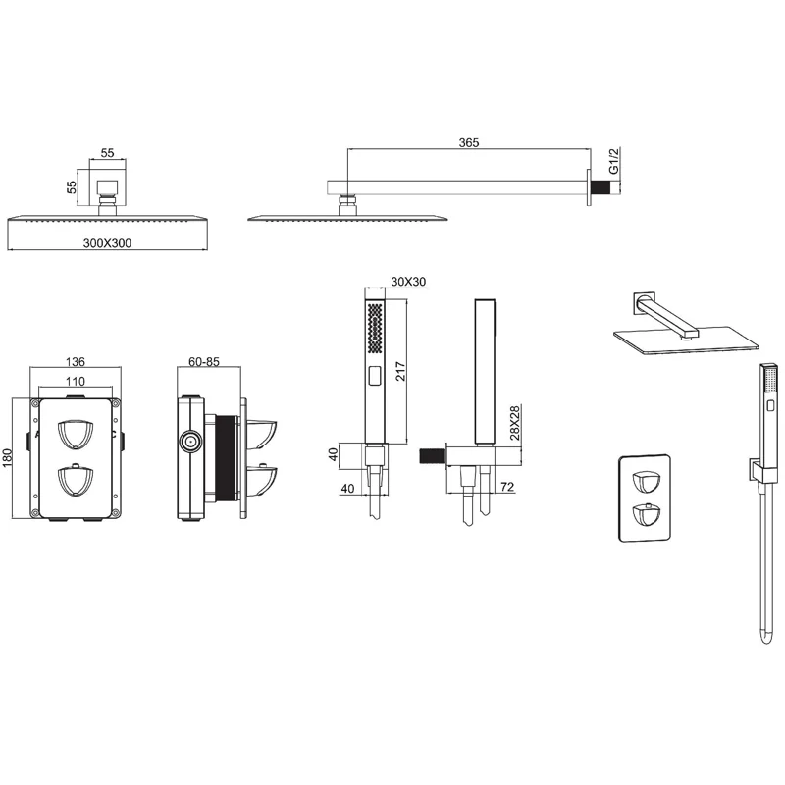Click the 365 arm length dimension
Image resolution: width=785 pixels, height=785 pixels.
pos(469,142)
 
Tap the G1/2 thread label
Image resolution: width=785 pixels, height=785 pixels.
pos(614,160)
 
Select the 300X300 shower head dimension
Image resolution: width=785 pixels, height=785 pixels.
pos(107,243)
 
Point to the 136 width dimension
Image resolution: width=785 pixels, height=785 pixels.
pos(76,361)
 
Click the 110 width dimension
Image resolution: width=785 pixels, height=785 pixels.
pos(76,382)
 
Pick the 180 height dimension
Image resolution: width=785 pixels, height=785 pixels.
pos(7,458)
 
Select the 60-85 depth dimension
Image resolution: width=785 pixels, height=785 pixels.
pos(204,361)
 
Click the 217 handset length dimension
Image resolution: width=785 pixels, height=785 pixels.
pos(400,371)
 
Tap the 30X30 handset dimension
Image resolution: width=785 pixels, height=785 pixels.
pos(408,282)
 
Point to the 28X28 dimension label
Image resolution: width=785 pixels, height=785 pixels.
pos(514,423)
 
